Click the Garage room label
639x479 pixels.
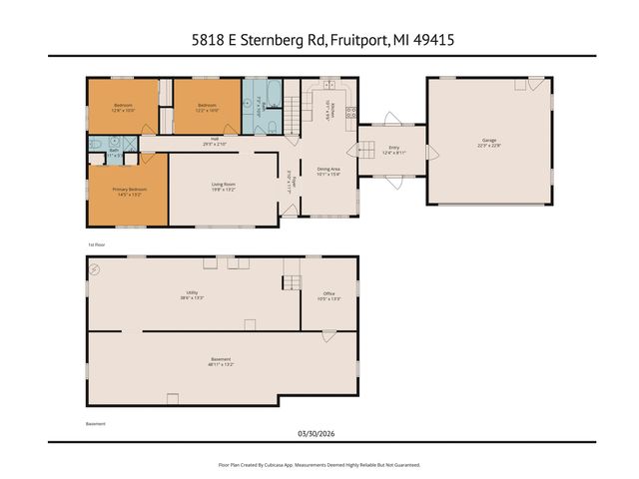488,141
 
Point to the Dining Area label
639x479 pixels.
328,169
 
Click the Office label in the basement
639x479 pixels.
328,293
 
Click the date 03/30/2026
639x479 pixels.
319,432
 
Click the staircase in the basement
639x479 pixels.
292,282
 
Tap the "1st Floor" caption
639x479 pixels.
96,243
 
